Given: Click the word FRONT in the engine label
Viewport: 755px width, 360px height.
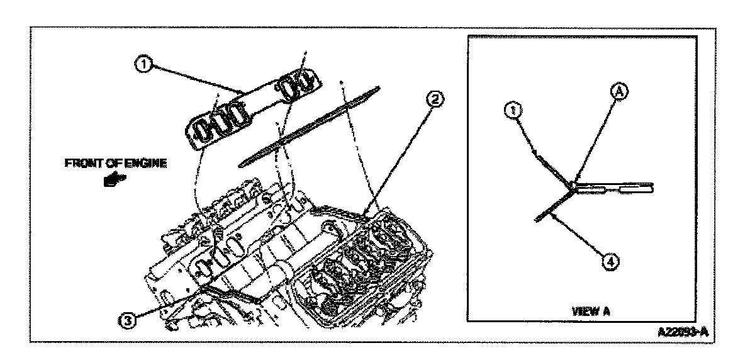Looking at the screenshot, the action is point(79,163).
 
